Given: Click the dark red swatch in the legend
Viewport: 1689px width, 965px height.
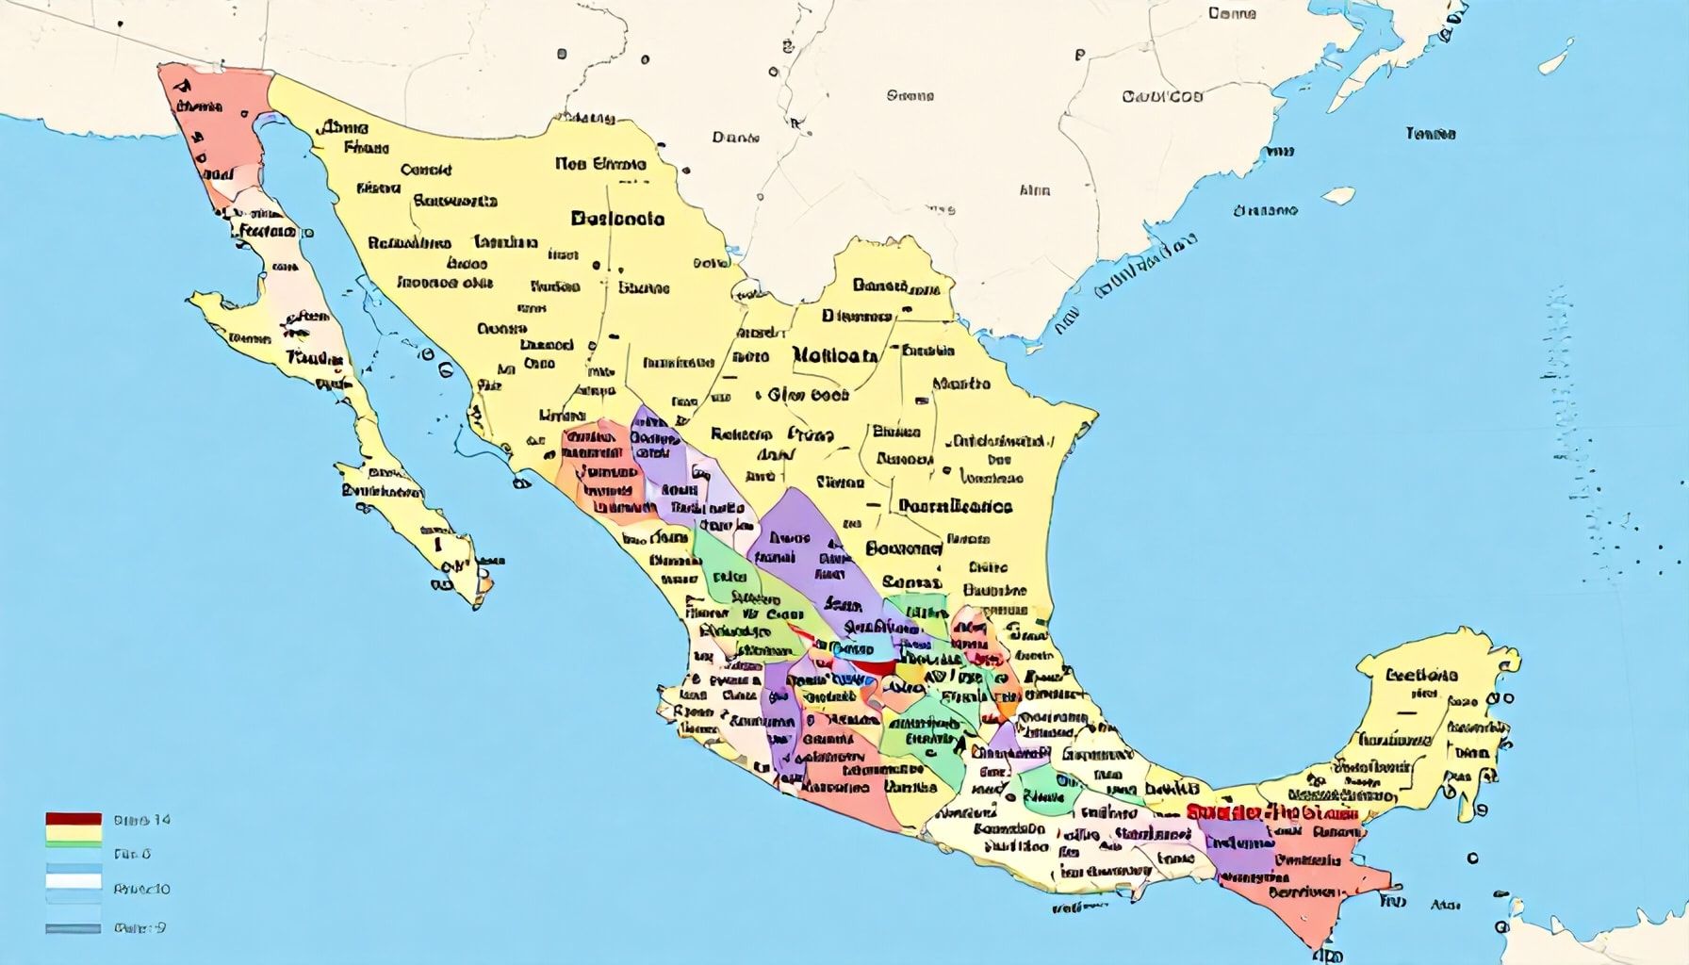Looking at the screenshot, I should pos(73,819).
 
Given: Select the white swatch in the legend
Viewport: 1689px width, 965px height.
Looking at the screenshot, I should pos(73,882).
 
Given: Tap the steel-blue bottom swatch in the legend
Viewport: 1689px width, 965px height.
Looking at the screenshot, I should pos(73,928).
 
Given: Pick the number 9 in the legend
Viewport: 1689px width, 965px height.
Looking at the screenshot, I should pos(161,927).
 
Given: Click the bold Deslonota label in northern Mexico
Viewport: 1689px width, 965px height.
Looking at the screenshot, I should pos(617,219).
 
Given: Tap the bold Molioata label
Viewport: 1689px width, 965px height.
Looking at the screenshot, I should pos(835,356).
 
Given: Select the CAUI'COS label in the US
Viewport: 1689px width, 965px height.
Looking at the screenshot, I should pos(1162,96).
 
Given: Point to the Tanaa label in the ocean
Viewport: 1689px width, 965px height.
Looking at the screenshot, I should pos(1430,134).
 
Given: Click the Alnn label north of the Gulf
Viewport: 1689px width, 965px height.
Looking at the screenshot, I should pos(1034,190).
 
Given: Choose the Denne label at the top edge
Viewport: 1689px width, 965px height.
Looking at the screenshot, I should pos(1232,13).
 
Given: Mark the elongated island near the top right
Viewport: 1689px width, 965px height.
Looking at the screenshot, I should pos(1556,56).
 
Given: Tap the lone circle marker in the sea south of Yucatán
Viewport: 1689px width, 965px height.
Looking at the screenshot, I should pos(1472,859).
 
